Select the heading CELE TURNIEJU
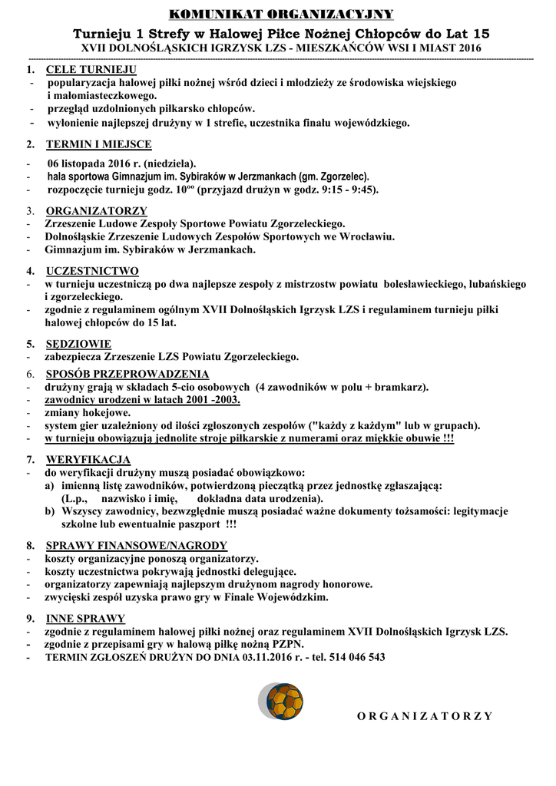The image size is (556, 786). [x=91, y=69]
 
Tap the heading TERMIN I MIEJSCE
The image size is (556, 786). [x=98, y=144]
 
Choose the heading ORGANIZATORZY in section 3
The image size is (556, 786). [x=96, y=211]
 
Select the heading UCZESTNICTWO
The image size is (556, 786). [x=92, y=271]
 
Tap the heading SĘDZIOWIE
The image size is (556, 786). [x=78, y=344]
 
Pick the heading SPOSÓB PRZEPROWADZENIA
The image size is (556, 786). [x=127, y=374]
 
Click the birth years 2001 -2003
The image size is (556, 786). [x=210, y=400]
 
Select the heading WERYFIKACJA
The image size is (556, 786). [x=88, y=459]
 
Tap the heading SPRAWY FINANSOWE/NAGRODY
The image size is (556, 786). [x=137, y=546]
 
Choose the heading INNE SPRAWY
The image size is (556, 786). [x=85, y=619]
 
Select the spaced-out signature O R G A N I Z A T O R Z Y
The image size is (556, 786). [x=425, y=716]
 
